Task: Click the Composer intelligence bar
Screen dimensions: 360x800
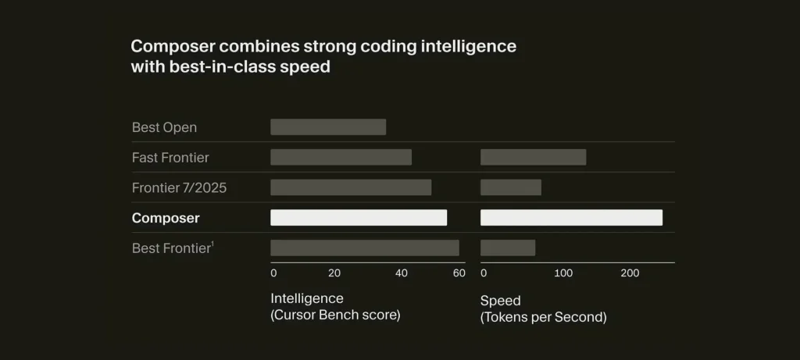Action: [x=359, y=218]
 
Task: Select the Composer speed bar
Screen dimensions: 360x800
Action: [x=571, y=218]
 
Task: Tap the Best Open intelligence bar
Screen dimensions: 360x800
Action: [x=328, y=127]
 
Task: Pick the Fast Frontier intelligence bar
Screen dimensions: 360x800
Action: [x=341, y=157]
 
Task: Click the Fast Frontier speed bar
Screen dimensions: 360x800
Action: [x=533, y=157]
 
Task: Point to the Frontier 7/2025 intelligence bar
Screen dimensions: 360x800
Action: [x=351, y=187]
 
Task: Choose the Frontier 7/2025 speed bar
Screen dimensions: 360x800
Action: [x=511, y=187]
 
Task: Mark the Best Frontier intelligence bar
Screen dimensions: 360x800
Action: [x=365, y=248]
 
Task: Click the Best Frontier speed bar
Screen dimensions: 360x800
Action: [x=508, y=248]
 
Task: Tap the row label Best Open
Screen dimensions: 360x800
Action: [x=164, y=127]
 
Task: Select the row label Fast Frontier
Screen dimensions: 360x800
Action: [x=170, y=158]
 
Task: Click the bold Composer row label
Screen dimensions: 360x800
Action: [x=166, y=219]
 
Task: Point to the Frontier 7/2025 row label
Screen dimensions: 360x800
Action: [x=180, y=188]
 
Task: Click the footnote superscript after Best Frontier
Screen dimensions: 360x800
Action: [x=212, y=244]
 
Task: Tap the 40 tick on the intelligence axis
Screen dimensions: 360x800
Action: [x=401, y=273]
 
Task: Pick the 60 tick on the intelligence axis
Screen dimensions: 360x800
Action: [x=459, y=273]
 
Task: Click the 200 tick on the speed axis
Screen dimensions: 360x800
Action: [x=630, y=273]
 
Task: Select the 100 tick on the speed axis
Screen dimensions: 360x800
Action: [x=563, y=273]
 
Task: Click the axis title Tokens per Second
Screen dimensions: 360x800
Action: [x=543, y=317]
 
